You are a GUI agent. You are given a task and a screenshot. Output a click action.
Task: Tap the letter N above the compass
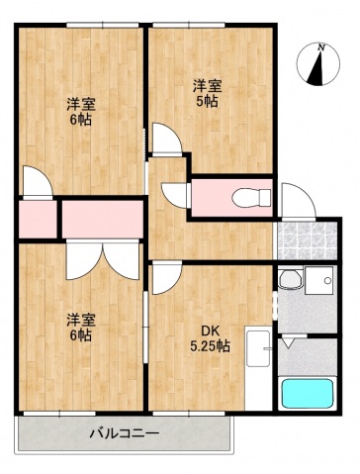tap(321, 46)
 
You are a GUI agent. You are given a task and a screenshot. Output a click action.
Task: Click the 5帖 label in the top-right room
tap(207, 100)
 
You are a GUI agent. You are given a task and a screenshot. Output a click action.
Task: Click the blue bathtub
tap(308, 394)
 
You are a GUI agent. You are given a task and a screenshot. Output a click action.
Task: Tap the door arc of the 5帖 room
tap(166, 142)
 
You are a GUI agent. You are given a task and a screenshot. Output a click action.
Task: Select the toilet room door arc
tap(175, 192)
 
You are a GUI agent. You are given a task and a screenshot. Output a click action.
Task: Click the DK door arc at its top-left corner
tap(164, 278)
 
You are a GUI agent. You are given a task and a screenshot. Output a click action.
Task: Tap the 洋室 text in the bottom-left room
tap(80, 319)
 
